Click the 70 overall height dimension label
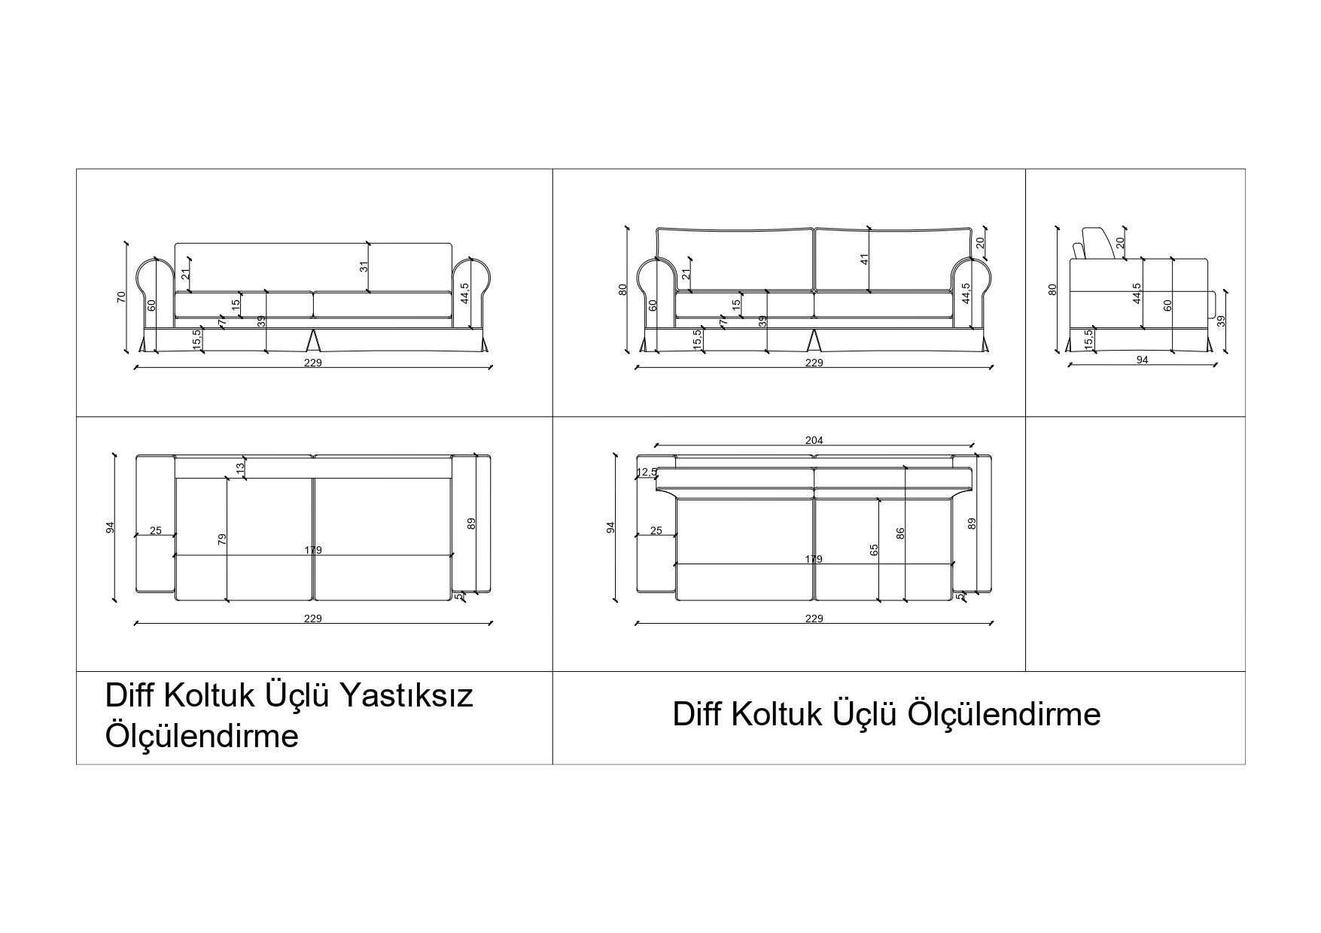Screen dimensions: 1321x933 [121, 297]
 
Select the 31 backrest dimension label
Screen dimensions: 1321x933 [364, 267]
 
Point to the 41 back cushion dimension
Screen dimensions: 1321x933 [866, 259]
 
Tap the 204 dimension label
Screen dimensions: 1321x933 [814, 440]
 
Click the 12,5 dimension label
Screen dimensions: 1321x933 [647, 472]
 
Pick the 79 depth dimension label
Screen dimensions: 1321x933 [222, 539]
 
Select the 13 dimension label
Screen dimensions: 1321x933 [241, 467]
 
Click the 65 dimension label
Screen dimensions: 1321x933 [874, 550]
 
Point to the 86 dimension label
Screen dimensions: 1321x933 [900, 533]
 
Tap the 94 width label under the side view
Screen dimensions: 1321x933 [1142, 360]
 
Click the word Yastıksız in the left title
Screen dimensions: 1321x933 [407, 695]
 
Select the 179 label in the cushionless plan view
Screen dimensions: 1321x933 [313, 550]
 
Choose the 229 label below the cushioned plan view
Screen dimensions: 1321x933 [814, 618]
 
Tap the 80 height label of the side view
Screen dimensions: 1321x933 [1053, 289]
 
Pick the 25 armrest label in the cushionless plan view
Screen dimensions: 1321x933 [156, 530]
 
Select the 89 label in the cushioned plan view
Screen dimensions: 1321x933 [972, 523]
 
